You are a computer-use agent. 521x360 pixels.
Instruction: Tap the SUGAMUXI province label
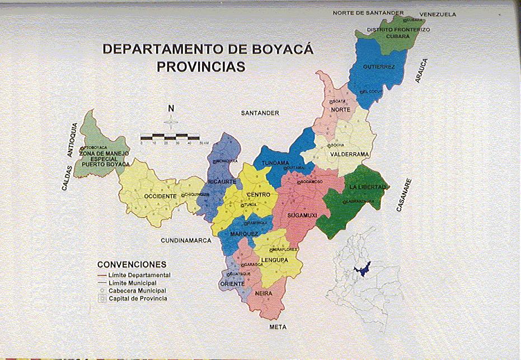coord(302,215)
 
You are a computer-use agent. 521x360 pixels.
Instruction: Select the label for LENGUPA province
coord(274,260)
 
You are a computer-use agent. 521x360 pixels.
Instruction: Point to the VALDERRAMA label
coord(349,154)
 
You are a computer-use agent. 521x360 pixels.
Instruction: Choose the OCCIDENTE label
coord(161,197)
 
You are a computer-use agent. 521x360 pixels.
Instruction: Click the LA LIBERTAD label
coord(367,186)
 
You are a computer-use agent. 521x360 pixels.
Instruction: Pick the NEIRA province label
coord(263,293)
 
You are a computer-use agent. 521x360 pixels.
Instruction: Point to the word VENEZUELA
coord(438,15)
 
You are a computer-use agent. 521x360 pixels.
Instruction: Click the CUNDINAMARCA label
coord(186,240)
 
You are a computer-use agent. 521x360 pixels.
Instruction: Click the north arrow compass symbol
coord(172,120)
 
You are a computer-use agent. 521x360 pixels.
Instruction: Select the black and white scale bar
coord(170,137)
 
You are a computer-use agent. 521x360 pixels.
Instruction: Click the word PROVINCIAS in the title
coord(201,67)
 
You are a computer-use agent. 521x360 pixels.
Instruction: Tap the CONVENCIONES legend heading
coord(132,264)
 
